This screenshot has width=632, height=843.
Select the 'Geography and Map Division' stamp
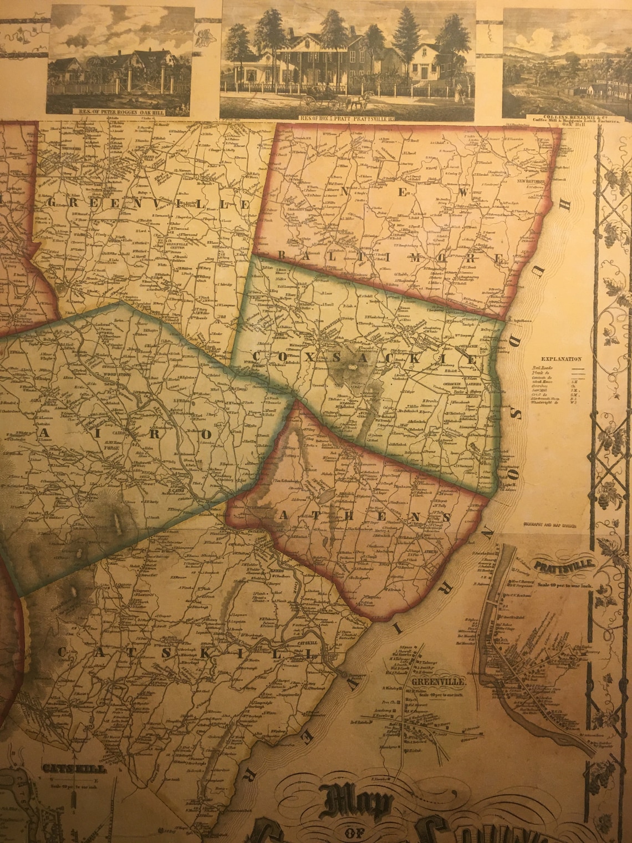point(549,524)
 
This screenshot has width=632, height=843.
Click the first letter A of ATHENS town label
point(279,516)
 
